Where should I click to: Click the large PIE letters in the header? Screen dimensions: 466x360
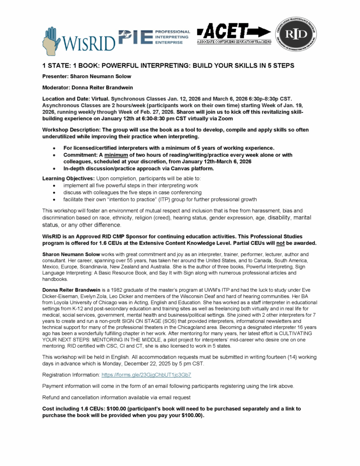(x=135, y=37)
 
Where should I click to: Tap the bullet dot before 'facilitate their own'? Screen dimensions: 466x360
(x=55, y=200)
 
